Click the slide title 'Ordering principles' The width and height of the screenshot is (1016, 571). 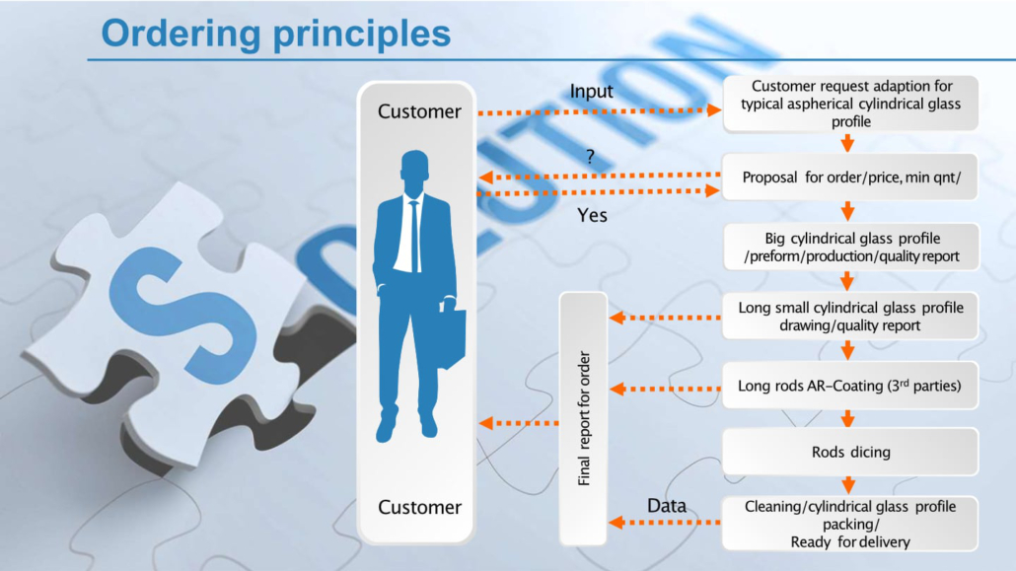pyautogui.click(x=275, y=33)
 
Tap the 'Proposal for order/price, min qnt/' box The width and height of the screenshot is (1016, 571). pyautogui.click(x=850, y=178)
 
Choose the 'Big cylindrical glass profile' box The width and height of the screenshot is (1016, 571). pyautogui.click(x=850, y=248)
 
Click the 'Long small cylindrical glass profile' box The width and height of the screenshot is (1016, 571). pyautogui.click(x=850, y=317)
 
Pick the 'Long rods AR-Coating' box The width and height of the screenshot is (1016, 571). pyautogui.click(x=850, y=386)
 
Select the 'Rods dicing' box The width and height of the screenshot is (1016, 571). pyautogui.click(x=850, y=452)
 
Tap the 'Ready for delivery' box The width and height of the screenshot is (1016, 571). pyautogui.click(x=850, y=524)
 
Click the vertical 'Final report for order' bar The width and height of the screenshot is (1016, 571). pyautogui.click(x=584, y=418)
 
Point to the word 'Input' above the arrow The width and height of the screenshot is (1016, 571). pyautogui.click(x=591, y=92)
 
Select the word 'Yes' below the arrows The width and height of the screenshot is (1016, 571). pyautogui.click(x=592, y=214)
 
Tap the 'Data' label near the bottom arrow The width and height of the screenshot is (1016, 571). pyautogui.click(x=667, y=506)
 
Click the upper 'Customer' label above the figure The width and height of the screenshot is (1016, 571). pyautogui.click(x=419, y=111)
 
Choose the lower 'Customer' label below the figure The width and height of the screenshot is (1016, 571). pyautogui.click(x=419, y=507)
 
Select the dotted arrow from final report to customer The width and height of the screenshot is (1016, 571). pyautogui.click(x=519, y=423)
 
